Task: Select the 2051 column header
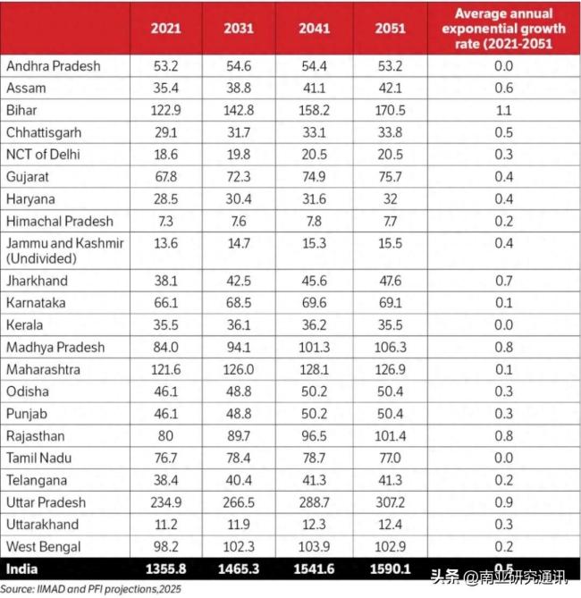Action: [x=390, y=28]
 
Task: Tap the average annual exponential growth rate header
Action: [x=503, y=28]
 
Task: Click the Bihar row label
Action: [x=21, y=110]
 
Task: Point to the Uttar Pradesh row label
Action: [x=44, y=502]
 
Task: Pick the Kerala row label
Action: [x=25, y=325]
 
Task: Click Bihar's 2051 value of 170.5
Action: [x=390, y=110]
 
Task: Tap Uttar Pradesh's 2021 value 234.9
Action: [x=165, y=502]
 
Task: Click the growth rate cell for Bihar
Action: [x=503, y=110]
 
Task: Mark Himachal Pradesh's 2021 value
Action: [x=165, y=220]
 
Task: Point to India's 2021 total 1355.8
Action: [x=165, y=569]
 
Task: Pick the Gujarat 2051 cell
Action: [x=390, y=176]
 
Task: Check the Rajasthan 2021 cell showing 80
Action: [x=165, y=436]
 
